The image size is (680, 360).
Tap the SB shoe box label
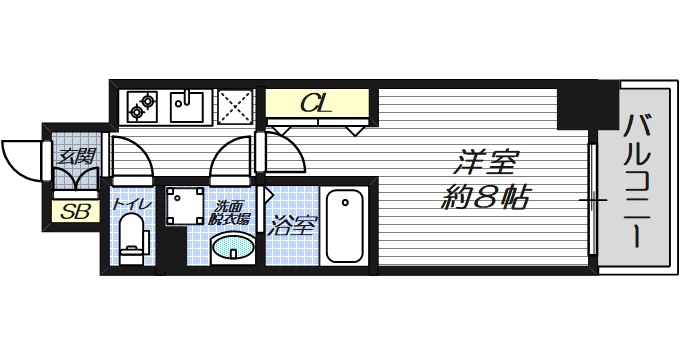tap(74, 211)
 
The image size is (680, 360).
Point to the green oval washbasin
tap(234, 244)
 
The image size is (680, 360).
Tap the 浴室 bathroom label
tap(293, 226)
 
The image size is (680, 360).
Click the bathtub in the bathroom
tap(346, 225)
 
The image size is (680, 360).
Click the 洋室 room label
tap(486, 161)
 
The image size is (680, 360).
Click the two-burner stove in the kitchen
tap(142, 103)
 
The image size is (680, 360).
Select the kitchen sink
tap(188, 104)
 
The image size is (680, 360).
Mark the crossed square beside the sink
tap(236, 105)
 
